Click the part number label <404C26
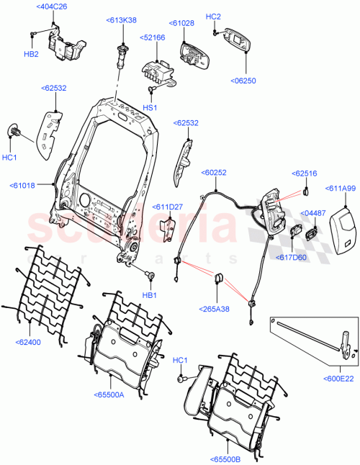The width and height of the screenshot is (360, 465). coord(52,7)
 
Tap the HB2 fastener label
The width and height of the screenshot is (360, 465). coord(31,54)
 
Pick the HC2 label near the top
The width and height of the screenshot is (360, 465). coord(213,16)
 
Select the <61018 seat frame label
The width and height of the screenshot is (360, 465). coord(27,186)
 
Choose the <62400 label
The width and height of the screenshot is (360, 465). coord(30,342)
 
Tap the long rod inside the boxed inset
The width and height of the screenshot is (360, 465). coord(302,337)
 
